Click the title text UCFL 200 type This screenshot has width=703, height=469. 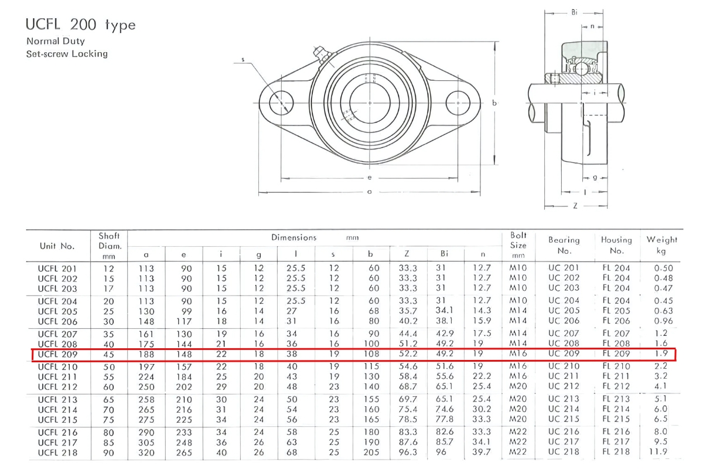[x=80, y=25]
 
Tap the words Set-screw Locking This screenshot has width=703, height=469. [x=67, y=54]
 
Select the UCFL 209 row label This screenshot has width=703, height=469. [x=57, y=354]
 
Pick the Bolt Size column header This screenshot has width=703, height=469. [x=518, y=245]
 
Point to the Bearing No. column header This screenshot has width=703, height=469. [x=564, y=245]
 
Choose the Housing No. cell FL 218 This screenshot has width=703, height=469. [x=616, y=453]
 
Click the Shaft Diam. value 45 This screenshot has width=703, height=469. [x=109, y=354]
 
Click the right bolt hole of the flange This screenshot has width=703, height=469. [x=458, y=103]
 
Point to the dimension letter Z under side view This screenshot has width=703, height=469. [x=575, y=206]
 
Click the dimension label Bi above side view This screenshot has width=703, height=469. [x=575, y=12]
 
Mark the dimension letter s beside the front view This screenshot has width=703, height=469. [x=243, y=59]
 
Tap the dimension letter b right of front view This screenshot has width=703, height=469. [x=494, y=103]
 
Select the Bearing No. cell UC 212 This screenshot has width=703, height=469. [x=564, y=387]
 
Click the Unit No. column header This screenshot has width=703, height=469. [x=57, y=246]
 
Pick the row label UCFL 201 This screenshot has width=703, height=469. [x=57, y=269]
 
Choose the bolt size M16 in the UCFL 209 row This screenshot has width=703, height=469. [x=518, y=354]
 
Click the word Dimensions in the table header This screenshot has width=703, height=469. [x=294, y=237]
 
